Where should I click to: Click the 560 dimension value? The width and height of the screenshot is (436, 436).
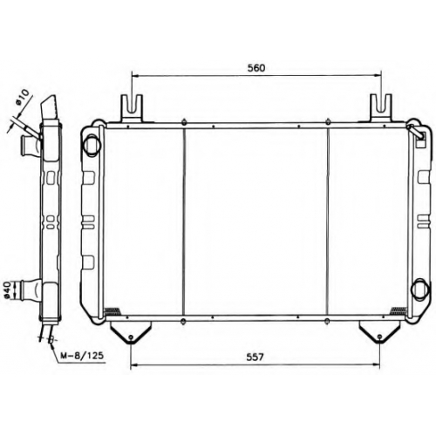point(256,68)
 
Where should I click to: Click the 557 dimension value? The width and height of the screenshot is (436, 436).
point(255,357)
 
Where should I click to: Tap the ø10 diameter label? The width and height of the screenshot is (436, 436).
point(23,97)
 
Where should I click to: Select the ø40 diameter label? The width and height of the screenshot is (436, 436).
point(8,290)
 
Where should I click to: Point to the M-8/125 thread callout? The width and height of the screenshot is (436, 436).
point(82,355)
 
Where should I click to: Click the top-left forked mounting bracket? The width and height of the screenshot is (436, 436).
point(132,108)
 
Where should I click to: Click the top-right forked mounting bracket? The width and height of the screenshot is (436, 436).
point(381,108)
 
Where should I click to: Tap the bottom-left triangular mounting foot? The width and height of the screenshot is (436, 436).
point(131,332)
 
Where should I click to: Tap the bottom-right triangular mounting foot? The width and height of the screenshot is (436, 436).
point(379,332)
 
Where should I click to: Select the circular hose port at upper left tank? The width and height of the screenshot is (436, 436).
point(92,144)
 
